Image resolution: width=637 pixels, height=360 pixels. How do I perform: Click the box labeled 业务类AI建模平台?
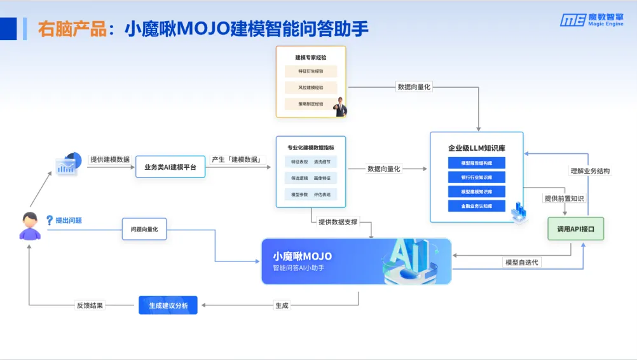[170, 167]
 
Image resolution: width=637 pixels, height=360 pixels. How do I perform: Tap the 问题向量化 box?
[144, 229]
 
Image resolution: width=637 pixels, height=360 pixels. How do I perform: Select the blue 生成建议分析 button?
[168, 305]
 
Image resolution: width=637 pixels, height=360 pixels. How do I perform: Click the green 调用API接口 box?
[575, 229]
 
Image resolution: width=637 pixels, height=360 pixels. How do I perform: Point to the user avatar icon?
[29, 226]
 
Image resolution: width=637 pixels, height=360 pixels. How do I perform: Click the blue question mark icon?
[50, 220]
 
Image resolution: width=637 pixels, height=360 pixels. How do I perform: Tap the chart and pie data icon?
[69, 163]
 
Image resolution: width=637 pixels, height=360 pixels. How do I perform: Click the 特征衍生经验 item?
[310, 72]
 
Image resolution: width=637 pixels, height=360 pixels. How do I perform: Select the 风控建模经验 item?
[310, 88]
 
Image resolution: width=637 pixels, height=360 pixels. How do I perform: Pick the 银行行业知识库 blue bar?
[476, 177]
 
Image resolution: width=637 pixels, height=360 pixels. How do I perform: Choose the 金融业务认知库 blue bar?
[476, 206]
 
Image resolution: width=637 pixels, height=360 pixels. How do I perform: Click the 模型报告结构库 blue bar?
[476, 163]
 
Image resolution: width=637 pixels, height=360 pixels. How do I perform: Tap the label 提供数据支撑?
[338, 222]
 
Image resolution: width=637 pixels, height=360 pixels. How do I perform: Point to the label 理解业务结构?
[590, 171]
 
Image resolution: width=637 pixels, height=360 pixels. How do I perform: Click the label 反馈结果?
[90, 305]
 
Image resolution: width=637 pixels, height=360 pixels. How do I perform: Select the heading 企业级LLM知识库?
[476, 149]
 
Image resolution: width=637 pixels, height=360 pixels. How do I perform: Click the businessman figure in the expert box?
[341, 106]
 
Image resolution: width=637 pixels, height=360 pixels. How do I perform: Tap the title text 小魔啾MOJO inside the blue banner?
[303, 256]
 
